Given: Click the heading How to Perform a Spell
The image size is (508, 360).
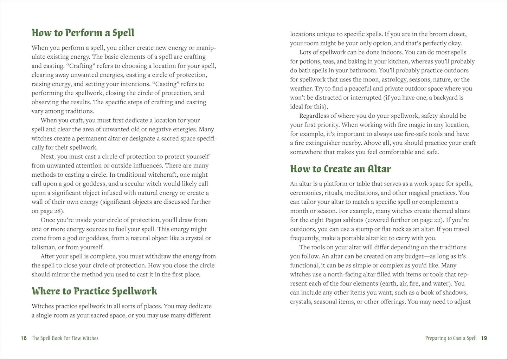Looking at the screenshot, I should coord(83,33).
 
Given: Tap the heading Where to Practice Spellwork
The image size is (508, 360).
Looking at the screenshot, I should coord(94,291).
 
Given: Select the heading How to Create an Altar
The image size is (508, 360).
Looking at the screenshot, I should coord(340,169).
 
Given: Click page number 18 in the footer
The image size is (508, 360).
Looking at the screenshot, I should coord(24,338).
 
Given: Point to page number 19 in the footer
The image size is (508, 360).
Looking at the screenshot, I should coord(484,338).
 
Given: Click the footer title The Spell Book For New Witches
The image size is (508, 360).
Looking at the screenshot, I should coord(65,338).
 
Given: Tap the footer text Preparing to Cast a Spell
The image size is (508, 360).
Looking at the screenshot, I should coord(451,338).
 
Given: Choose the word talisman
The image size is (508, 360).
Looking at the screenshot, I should coord(44,247).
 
